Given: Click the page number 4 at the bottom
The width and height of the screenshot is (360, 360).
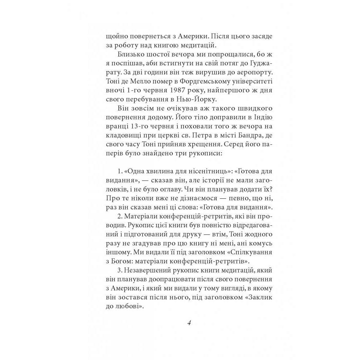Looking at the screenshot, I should coord(189,323).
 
